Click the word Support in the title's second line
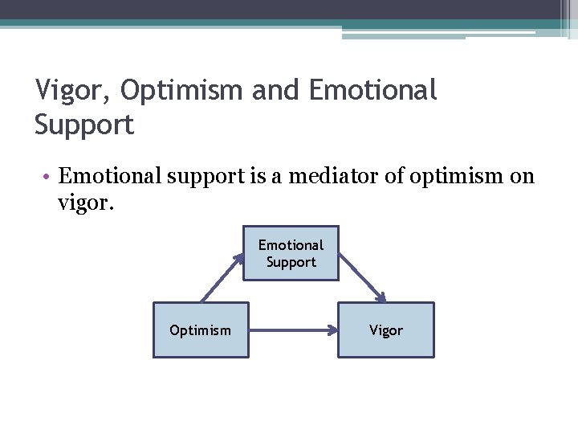84,125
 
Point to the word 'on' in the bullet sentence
522,176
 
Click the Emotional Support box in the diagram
291,253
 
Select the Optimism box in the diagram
201,330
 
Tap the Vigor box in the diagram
386,330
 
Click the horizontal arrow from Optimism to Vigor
293,330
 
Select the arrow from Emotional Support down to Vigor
362,278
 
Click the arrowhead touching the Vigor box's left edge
332,330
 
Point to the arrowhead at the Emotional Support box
239,258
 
